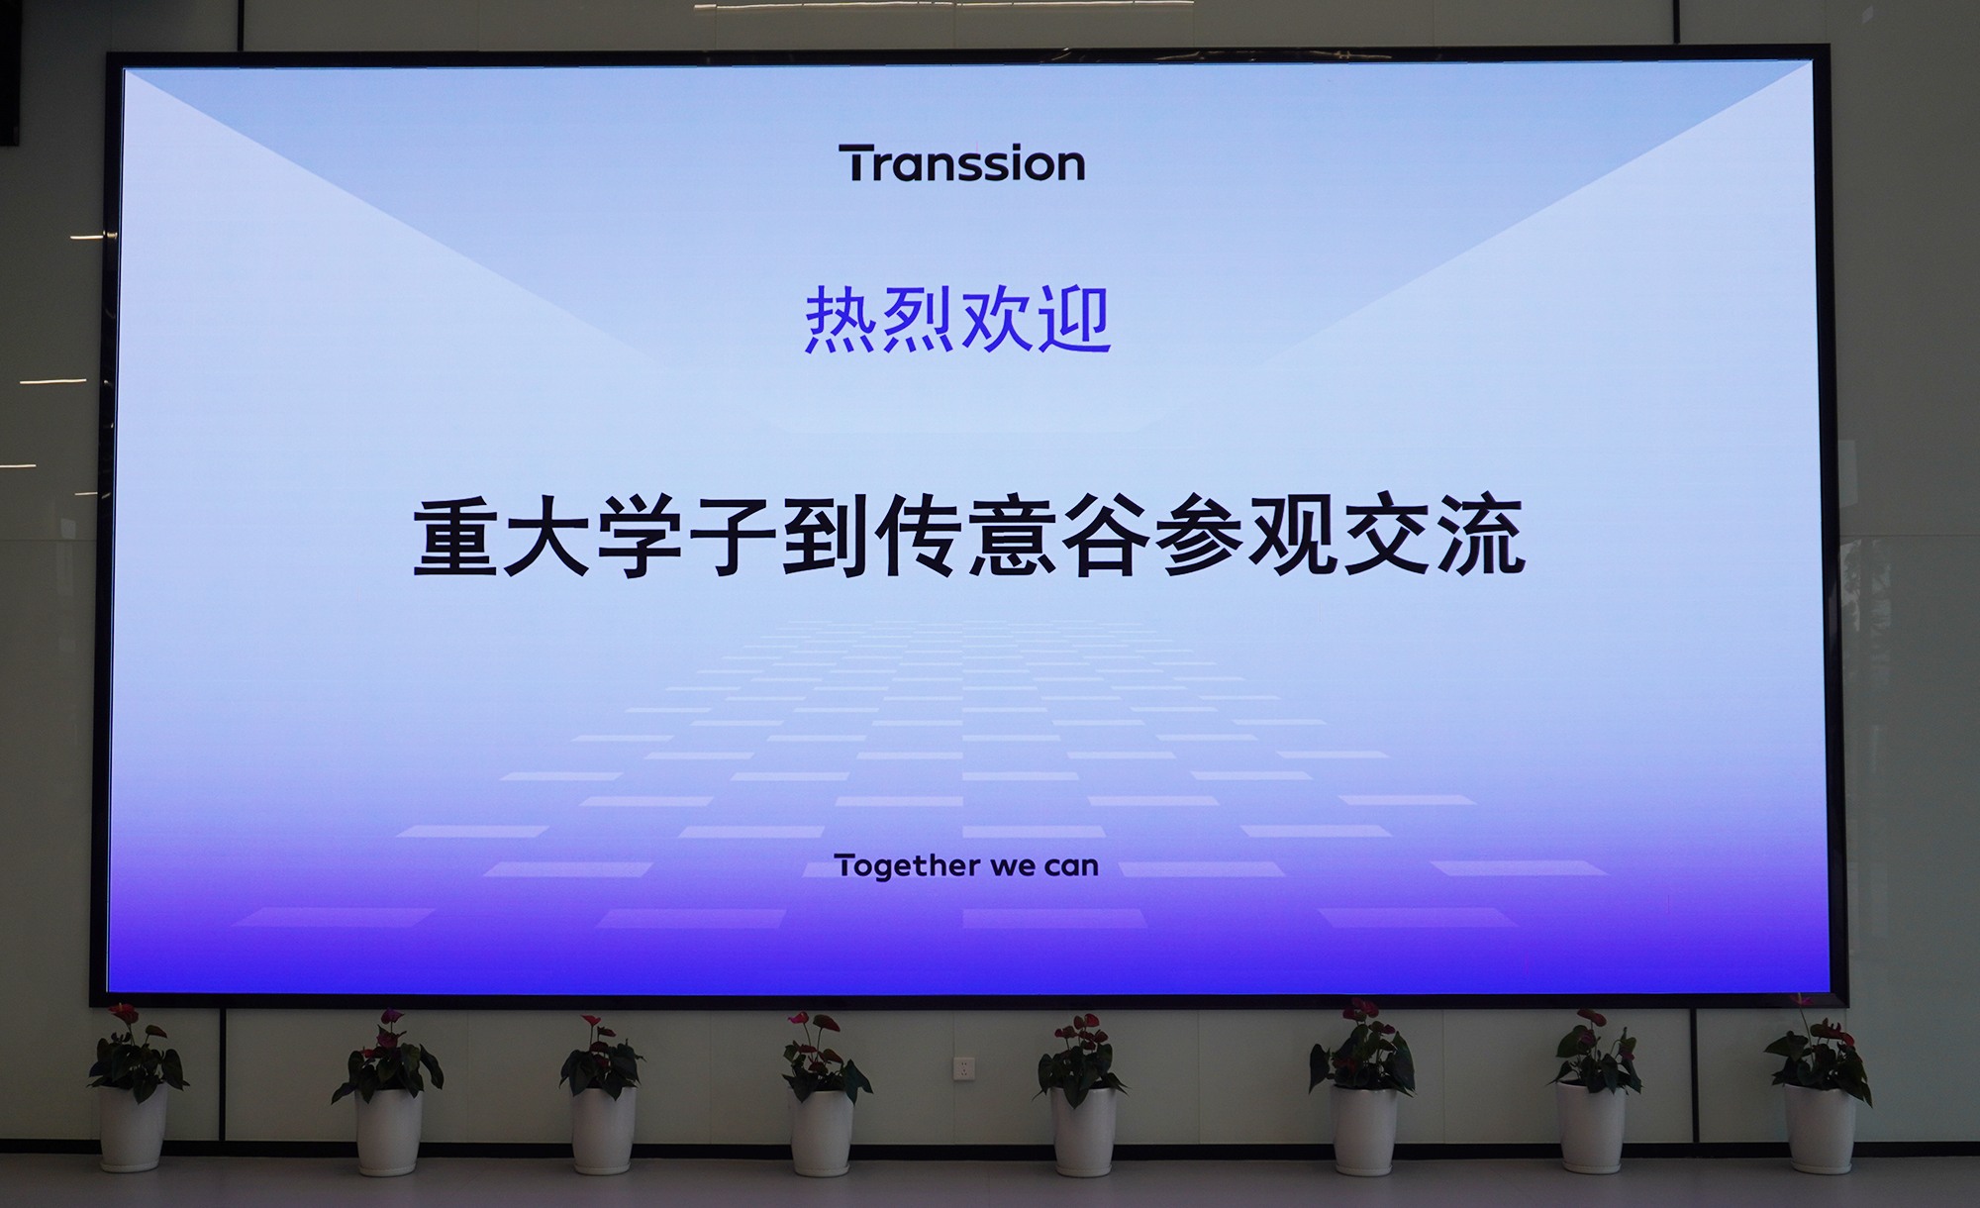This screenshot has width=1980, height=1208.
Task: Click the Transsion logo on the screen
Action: (x=961, y=163)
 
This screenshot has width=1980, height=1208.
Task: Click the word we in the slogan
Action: (x=1012, y=867)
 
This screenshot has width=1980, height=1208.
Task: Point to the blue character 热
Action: (x=841, y=320)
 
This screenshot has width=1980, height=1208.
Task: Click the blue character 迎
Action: (x=1075, y=320)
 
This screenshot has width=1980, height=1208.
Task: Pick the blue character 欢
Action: (x=997, y=320)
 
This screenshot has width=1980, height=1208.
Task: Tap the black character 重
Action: (x=454, y=537)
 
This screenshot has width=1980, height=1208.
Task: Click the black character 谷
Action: (x=1107, y=537)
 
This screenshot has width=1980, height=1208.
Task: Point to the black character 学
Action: (x=641, y=537)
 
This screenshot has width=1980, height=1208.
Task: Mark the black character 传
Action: (x=921, y=537)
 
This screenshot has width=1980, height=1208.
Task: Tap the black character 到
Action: (x=828, y=537)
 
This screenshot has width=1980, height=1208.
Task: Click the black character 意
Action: (x=1014, y=537)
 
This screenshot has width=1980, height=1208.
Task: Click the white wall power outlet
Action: (x=963, y=1067)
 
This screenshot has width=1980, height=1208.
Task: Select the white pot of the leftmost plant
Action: (x=133, y=1129)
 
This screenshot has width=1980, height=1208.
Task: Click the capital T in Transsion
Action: (x=857, y=163)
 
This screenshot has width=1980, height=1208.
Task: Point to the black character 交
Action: (x=1387, y=537)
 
